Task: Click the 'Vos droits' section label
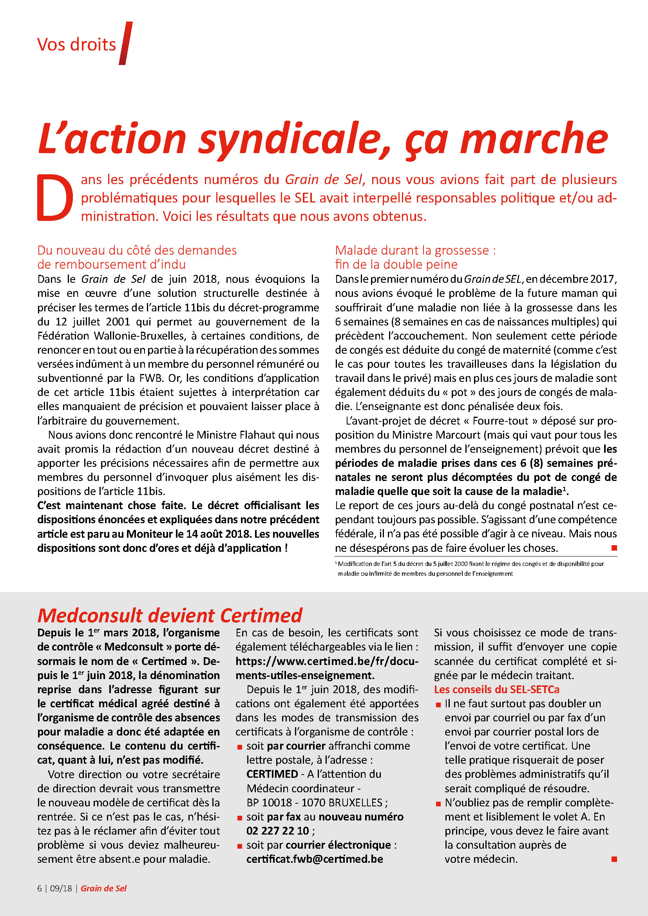click(x=76, y=44)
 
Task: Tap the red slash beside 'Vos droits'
click(x=125, y=43)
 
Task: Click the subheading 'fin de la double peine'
click(x=396, y=264)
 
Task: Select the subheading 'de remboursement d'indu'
click(x=111, y=264)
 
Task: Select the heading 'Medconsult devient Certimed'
click(x=170, y=615)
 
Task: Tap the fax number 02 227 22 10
click(x=278, y=831)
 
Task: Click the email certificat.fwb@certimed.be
click(x=315, y=859)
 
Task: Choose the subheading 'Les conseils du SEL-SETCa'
click(x=496, y=689)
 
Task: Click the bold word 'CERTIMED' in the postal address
click(x=272, y=774)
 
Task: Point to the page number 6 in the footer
click(x=40, y=889)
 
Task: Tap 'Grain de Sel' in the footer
click(x=103, y=889)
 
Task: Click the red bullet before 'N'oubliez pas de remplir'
click(x=438, y=804)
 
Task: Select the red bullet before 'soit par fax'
click(x=240, y=818)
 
